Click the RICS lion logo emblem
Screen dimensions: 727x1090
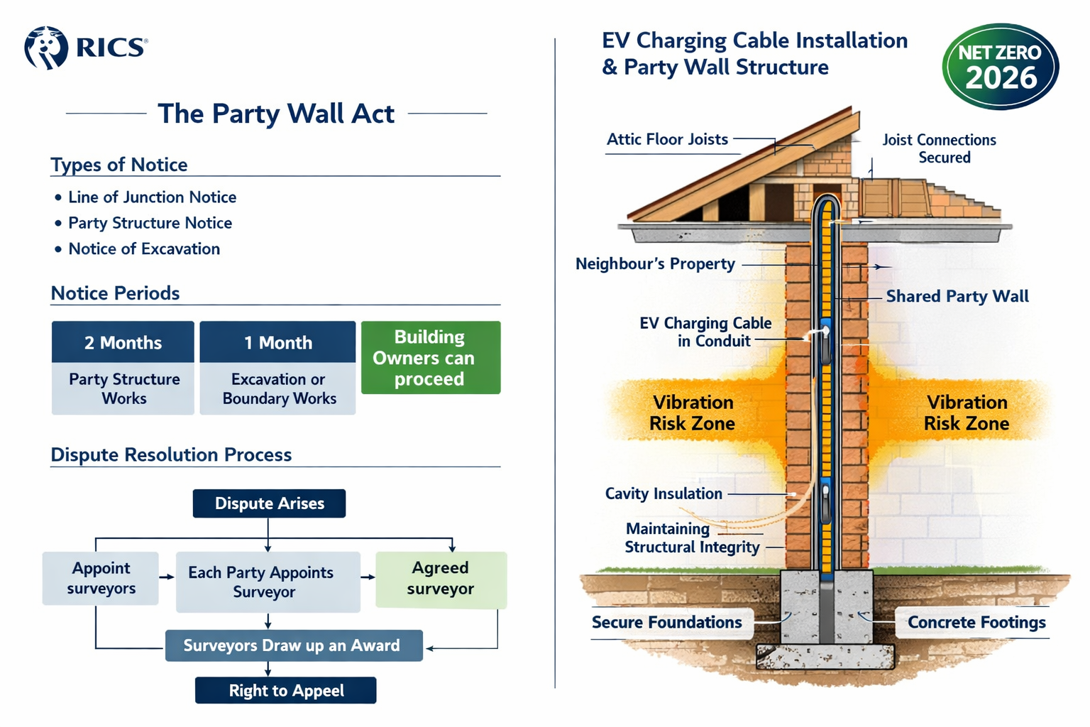click(45, 48)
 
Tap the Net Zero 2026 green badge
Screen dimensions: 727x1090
click(1000, 66)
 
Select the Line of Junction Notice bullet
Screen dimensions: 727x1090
click(152, 197)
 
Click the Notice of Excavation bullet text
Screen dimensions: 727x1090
click(144, 249)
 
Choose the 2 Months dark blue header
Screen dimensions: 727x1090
click(123, 342)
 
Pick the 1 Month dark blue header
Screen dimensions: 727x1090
click(277, 342)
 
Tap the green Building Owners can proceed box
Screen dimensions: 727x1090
click(430, 358)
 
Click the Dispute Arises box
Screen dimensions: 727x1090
click(269, 503)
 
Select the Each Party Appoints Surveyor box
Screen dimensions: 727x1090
click(268, 582)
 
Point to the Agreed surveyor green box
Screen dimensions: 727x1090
click(441, 579)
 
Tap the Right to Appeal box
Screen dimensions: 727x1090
click(286, 691)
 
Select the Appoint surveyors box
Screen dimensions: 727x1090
click(101, 578)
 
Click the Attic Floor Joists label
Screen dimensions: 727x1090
click(667, 140)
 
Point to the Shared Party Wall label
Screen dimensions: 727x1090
click(957, 297)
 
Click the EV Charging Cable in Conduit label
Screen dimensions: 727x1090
click(705, 332)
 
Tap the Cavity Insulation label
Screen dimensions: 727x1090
click(664, 494)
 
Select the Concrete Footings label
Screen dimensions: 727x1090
click(976, 623)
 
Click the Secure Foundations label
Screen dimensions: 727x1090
click(667, 623)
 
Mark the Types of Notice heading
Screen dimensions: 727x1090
click(119, 165)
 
